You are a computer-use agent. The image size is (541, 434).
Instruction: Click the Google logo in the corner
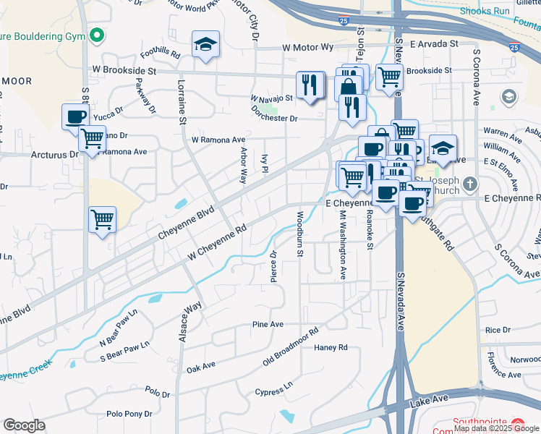click(x=24, y=425)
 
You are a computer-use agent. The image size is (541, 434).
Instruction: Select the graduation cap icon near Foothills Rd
click(x=205, y=45)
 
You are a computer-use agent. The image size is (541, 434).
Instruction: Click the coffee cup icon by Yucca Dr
click(x=76, y=116)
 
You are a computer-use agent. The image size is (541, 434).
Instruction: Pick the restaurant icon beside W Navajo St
click(x=310, y=84)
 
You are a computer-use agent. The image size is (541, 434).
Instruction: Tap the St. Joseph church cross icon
click(x=471, y=184)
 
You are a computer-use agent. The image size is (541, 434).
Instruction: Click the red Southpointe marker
click(x=518, y=423)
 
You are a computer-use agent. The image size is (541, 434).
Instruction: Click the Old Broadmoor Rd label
click(x=290, y=347)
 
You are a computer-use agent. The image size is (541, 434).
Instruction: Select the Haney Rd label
click(x=331, y=347)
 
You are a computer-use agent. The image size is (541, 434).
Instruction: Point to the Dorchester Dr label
click(x=274, y=118)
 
